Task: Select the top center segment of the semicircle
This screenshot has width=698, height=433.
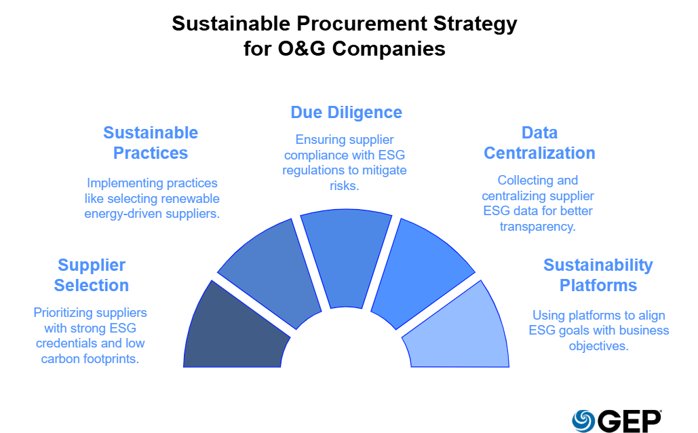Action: (346, 258)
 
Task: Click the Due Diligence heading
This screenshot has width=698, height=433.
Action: (346, 112)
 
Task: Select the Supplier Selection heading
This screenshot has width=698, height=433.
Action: (92, 275)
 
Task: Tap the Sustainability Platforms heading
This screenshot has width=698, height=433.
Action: (598, 275)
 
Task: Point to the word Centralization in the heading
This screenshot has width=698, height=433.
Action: (539, 153)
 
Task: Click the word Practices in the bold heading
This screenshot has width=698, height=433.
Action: (151, 153)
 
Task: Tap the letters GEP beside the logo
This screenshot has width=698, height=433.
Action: (629, 421)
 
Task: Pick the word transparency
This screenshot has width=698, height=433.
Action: (537, 226)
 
